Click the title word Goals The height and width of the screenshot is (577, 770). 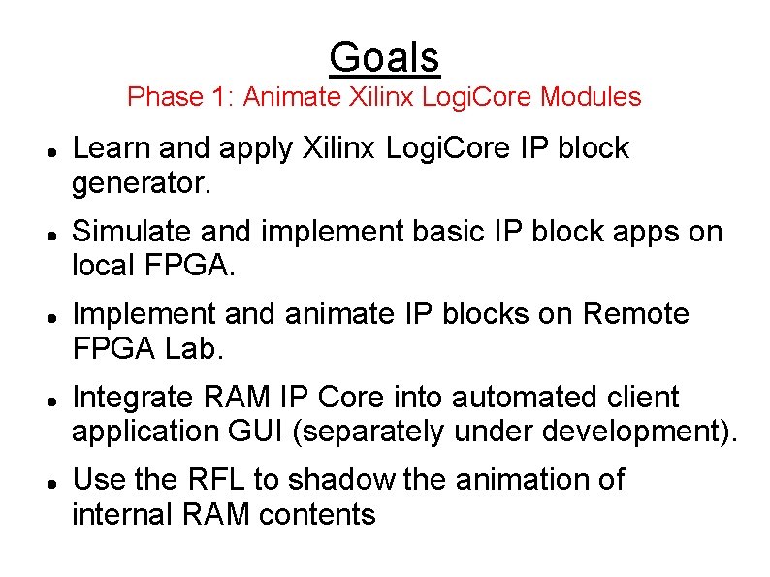click(x=384, y=57)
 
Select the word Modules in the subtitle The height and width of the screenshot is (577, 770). click(x=591, y=97)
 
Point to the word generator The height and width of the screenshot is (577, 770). click(x=141, y=182)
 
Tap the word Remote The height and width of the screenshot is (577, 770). click(x=635, y=314)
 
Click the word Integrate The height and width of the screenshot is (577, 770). click(x=134, y=397)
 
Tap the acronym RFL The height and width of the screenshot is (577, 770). click(x=214, y=479)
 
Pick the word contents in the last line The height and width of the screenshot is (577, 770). click(x=317, y=513)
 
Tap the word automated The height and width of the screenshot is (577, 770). click(x=530, y=397)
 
